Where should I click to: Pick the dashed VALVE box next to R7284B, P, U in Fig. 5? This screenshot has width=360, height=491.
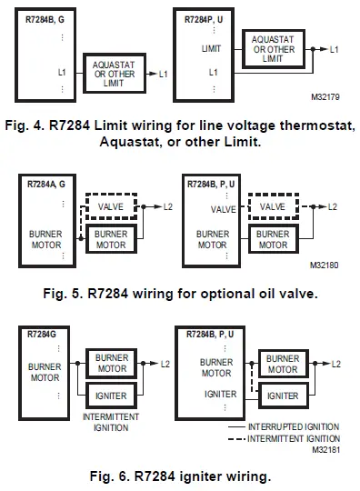(x=272, y=207)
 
